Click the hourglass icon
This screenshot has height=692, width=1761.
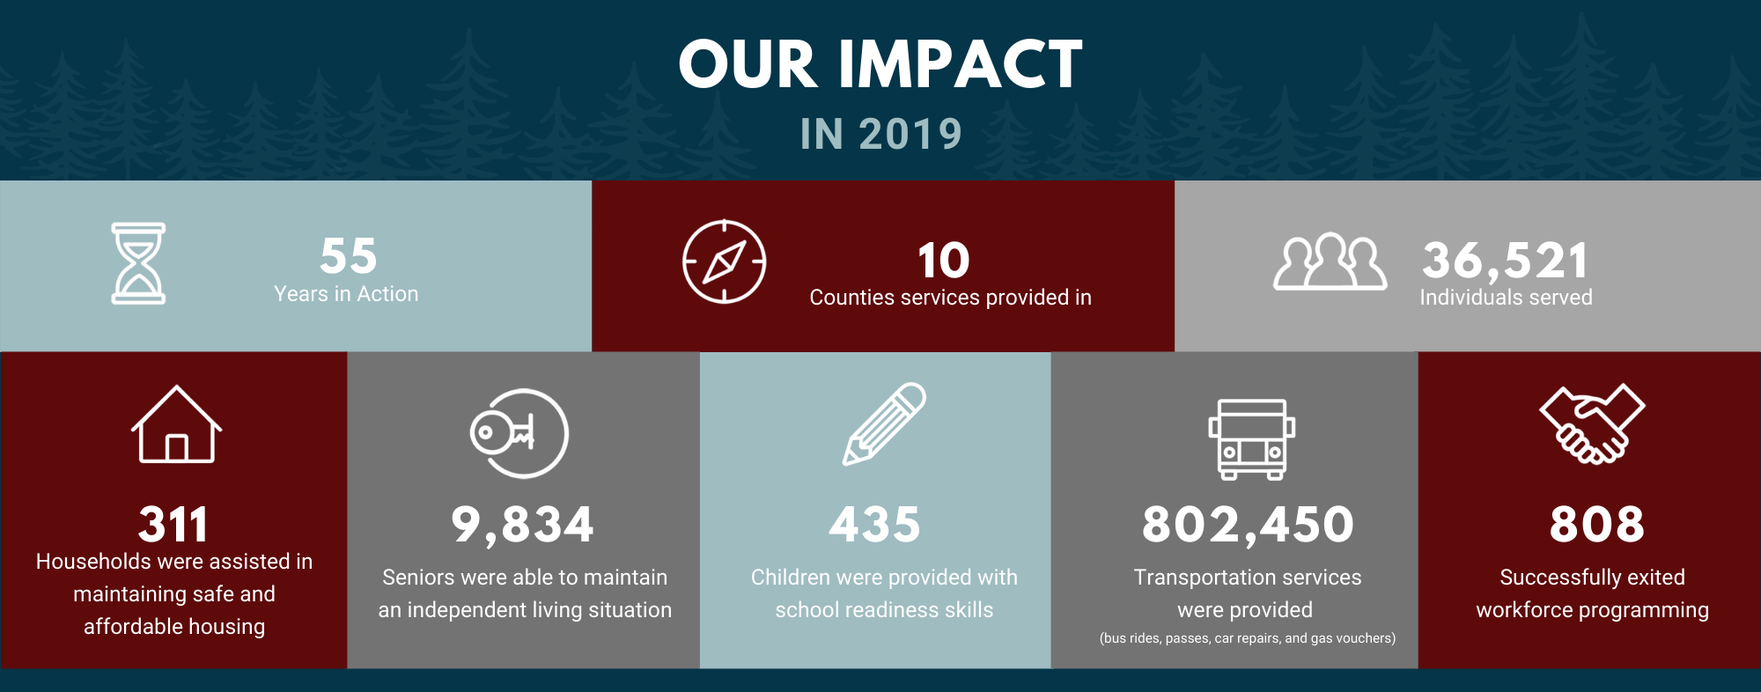click(x=138, y=263)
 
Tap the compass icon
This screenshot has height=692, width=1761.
click(x=724, y=261)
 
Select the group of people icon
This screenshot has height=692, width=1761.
click(x=1330, y=261)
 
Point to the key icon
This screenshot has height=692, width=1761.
click(x=502, y=431)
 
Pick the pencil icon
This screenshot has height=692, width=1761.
click(x=884, y=423)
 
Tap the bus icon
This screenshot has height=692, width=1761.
click(x=1251, y=439)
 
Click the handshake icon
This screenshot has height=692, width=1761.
click(x=1592, y=423)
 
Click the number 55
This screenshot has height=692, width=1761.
click(x=349, y=256)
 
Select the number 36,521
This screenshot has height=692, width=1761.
click(x=1506, y=261)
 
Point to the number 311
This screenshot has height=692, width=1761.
click(x=173, y=525)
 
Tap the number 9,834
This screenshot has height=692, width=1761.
click(x=523, y=525)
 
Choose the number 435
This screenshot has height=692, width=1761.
click(x=875, y=525)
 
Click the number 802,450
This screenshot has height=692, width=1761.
click(x=1249, y=525)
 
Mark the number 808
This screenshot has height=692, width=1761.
click(x=1597, y=525)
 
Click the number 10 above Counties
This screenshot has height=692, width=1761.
click(x=943, y=261)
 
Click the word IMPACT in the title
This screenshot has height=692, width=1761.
click(x=961, y=64)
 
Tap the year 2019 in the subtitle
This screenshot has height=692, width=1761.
click(x=910, y=135)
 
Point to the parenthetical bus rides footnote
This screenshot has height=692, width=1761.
click(x=1248, y=638)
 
